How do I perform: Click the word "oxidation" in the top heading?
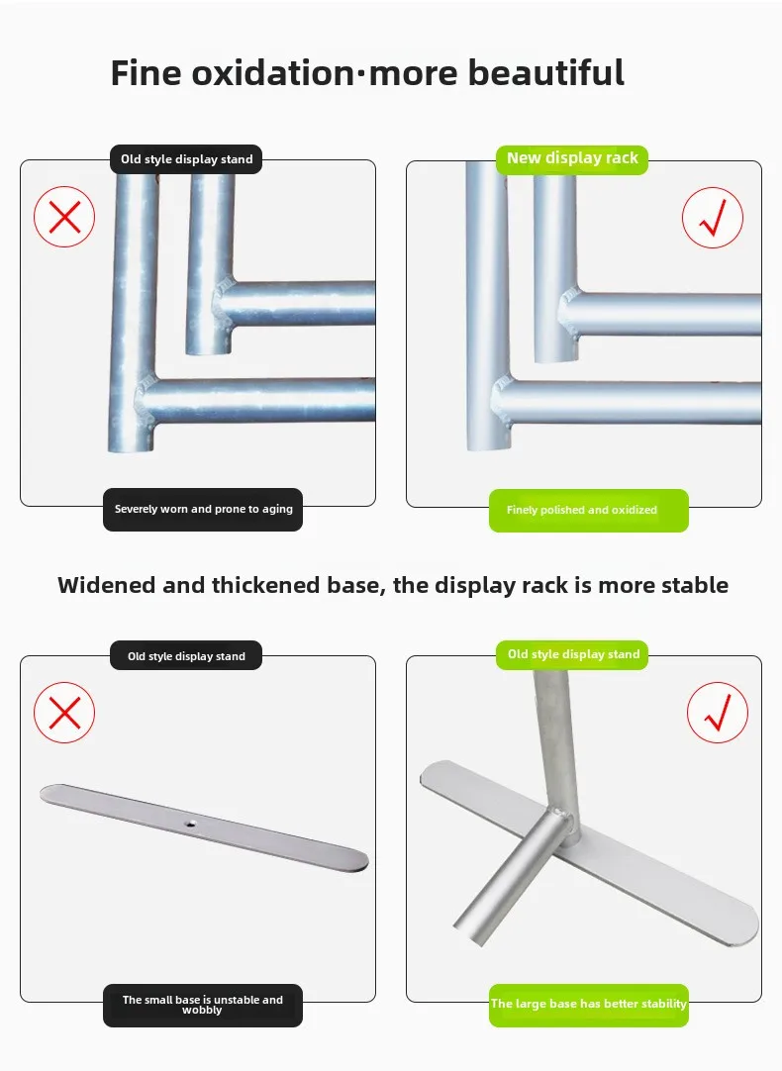tap(273, 72)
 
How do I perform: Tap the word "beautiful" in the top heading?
tap(545, 72)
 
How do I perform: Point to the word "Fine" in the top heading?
tap(146, 72)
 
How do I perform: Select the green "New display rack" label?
tap(571, 159)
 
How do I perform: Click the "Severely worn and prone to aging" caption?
tap(203, 510)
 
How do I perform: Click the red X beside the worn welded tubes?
tap(64, 217)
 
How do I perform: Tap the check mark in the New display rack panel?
tap(713, 218)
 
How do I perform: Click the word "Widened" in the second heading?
tap(107, 585)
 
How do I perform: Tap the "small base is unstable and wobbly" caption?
tap(203, 1005)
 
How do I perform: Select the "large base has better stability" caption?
tap(588, 1005)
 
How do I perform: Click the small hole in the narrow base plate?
tap(193, 824)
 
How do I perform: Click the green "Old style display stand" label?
tap(571, 655)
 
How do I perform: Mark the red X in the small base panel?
tap(64, 713)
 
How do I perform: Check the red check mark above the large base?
tap(717, 713)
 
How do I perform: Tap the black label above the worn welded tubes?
tap(186, 159)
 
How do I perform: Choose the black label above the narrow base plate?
tap(186, 655)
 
